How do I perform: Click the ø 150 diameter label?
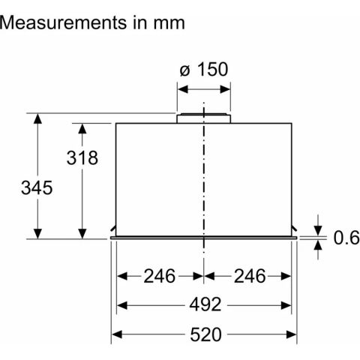tap(203, 71)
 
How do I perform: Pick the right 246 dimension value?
tap(248, 276)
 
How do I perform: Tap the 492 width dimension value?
tap(203, 305)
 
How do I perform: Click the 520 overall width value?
tap(203, 334)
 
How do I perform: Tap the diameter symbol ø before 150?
tap(184, 71)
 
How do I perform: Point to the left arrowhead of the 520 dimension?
tap(115, 334)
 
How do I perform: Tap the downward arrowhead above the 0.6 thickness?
tap(318, 230)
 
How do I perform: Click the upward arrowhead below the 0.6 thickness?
tap(318, 244)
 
